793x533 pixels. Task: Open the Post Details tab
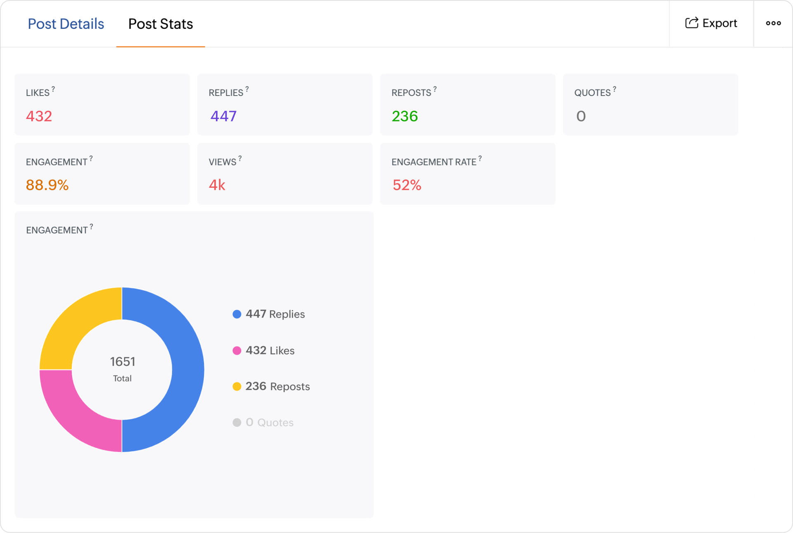(66, 24)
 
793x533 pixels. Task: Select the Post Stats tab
(160, 24)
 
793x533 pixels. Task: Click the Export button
(711, 23)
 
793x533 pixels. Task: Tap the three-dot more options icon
(773, 23)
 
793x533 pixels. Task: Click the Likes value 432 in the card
(39, 116)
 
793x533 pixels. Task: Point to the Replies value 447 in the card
(223, 116)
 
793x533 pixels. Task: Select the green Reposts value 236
(405, 116)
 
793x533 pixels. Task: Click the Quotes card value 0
(581, 116)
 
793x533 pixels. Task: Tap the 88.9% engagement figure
(47, 185)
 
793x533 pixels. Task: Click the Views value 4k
(217, 185)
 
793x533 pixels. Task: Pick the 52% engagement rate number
(407, 185)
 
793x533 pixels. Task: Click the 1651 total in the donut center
(122, 362)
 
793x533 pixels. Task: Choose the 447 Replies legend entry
(274, 314)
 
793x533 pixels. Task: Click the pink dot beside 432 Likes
(237, 351)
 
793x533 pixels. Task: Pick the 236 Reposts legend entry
(277, 386)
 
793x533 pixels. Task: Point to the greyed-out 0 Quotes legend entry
(269, 423)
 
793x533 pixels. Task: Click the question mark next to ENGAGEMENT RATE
(480, 159)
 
